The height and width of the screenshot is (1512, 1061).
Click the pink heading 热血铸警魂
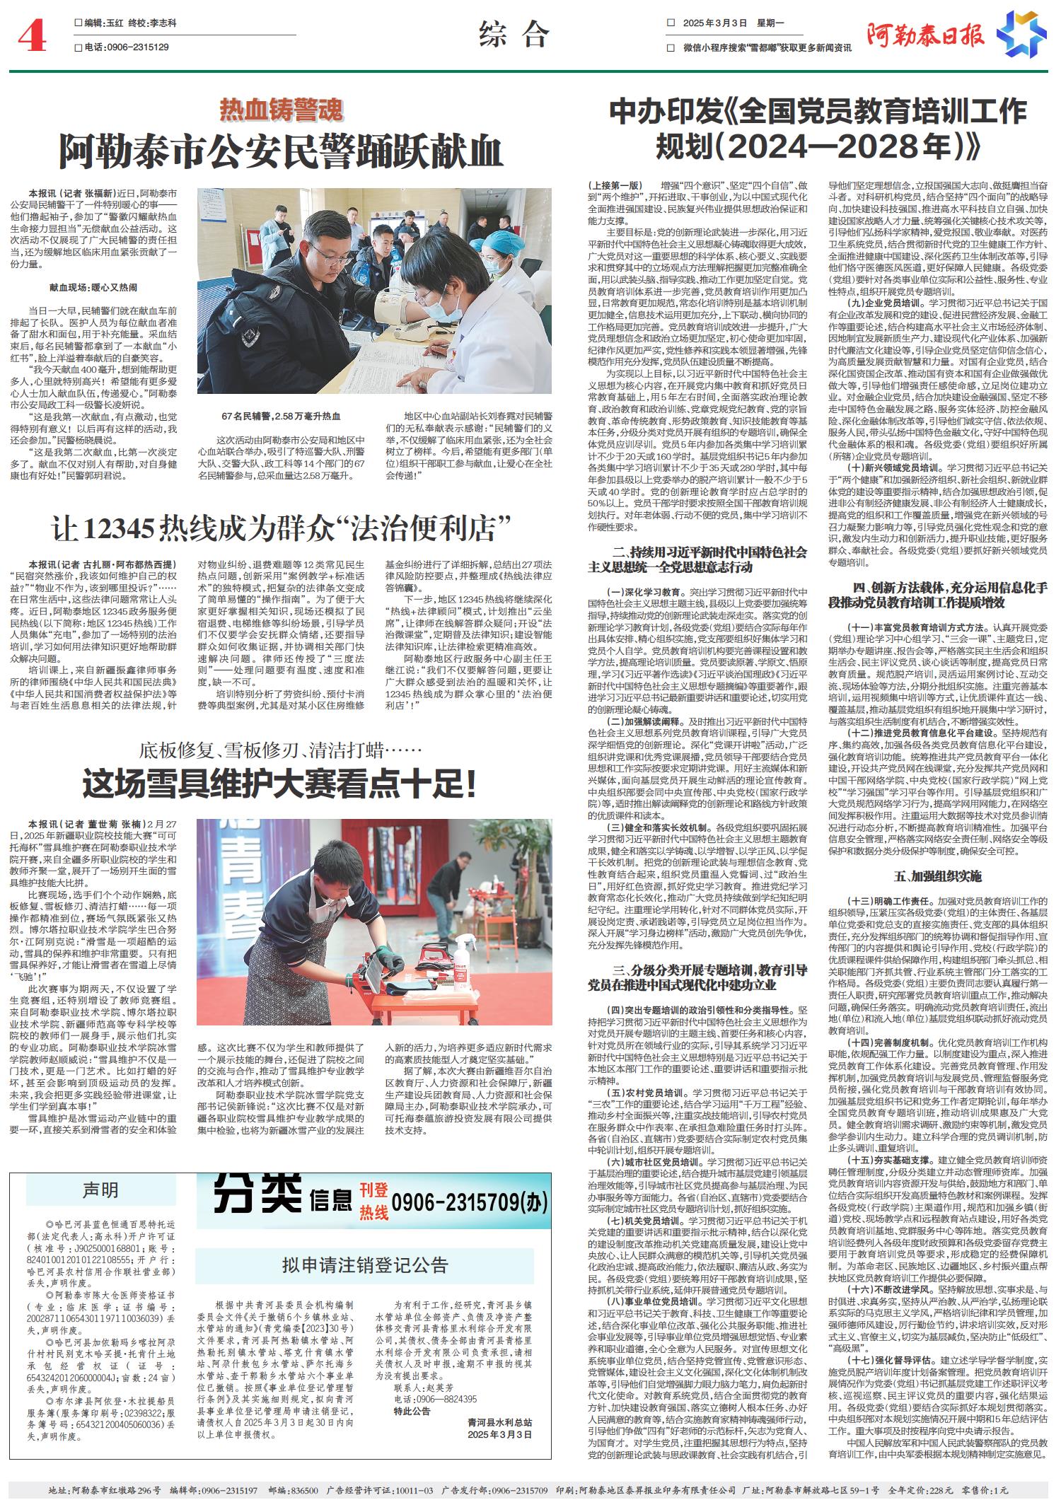pyautogui.click(x=281, y=110)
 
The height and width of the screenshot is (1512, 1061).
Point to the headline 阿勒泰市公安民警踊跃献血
pyautogui.click(x=281, y=149)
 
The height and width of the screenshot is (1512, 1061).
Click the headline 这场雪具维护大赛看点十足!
pyautogui.click(x=281, y=784)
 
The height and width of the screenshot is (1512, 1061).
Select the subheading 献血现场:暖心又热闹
pyautogui.click(x=93, y=288)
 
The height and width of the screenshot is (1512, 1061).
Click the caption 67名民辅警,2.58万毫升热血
pyautogui.click(x=281, y=417)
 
